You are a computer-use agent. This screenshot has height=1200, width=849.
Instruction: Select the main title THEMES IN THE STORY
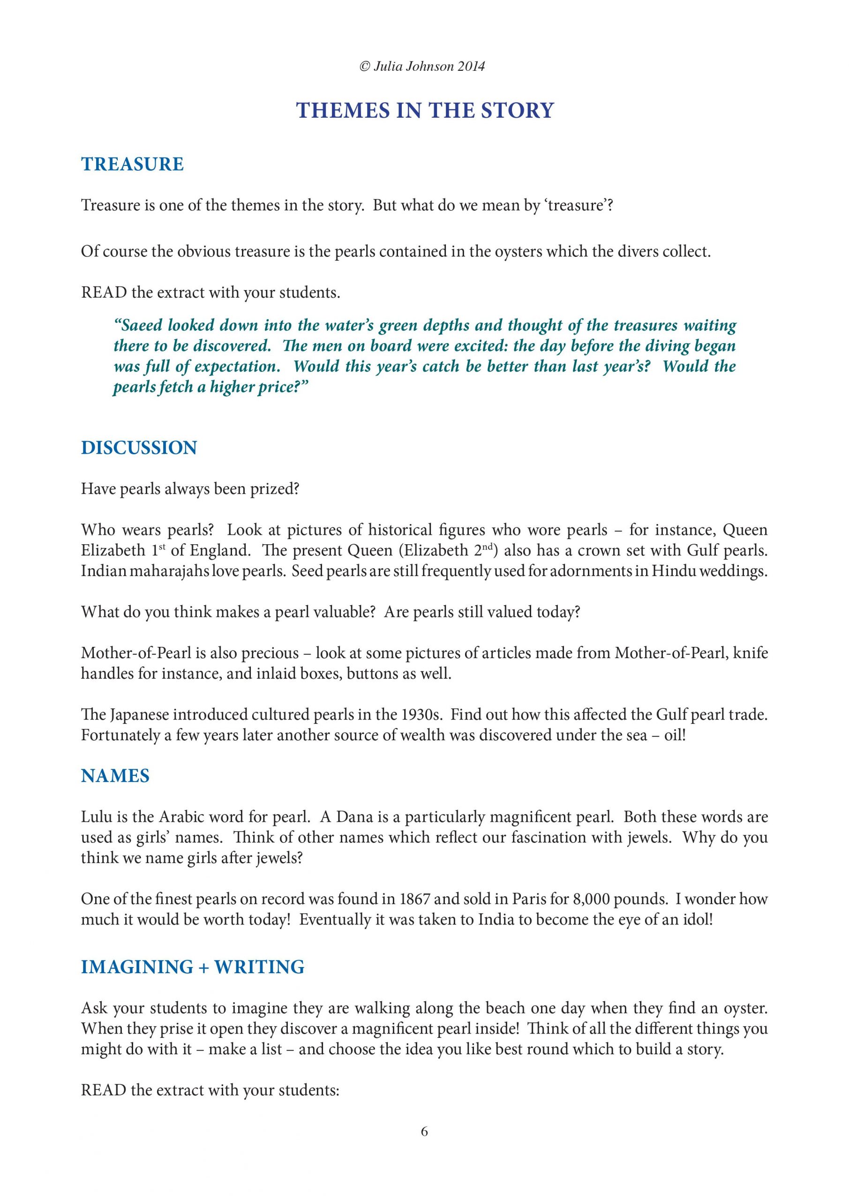(x=425, y=110)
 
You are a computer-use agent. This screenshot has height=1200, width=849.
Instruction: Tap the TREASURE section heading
(x=132, y=164)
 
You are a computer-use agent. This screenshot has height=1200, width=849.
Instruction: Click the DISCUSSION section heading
(x=139, y=448)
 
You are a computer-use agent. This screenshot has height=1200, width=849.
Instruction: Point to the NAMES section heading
(x=115, y=776)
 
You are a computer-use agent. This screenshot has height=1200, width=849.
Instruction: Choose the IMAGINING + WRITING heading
(x=192, y=967)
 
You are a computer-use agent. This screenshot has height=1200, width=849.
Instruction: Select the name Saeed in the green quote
(x=142, y=326)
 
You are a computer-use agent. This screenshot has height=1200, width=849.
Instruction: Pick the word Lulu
(x=95, y=817)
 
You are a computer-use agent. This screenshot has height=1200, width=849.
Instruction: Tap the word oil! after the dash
(x=675, y=735)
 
